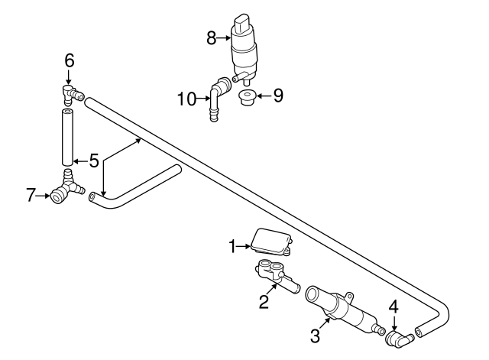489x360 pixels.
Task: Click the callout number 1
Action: click(x=233, y=246)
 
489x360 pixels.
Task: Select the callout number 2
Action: click(x=264, y=301)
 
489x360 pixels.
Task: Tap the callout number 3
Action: click(x=314, y=334)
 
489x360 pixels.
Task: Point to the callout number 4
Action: click(x=393, y=306)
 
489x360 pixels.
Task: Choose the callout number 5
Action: click(x=93, y=161)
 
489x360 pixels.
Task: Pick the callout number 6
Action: click(x=69, y=59)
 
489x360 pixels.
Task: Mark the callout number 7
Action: click(x=31, y=195)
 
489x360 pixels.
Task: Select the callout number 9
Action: click(x=278, y=96)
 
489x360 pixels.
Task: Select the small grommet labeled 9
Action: click(x=246, y=99)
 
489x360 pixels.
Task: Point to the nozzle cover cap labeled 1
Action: click(x=271, y=241)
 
